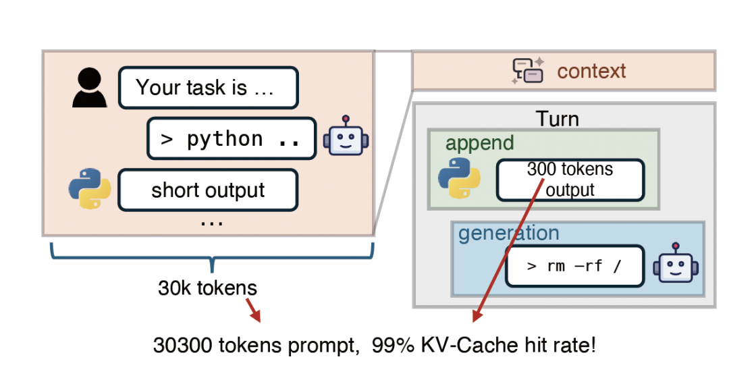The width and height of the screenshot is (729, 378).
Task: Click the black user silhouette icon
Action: click(90, 88)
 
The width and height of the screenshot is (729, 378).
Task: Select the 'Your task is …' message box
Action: click(208, 88)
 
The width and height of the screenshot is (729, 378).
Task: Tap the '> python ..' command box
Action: click(232, 139)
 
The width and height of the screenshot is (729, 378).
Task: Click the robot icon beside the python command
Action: click(346, 138)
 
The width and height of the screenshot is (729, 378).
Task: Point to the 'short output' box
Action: click(208, 190)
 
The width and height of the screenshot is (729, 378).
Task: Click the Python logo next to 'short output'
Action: click(90, 189)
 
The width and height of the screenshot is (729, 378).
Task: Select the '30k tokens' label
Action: click(207, 288)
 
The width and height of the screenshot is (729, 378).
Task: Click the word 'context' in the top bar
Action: click(591, 71)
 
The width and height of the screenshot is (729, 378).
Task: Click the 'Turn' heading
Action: click(558, 119)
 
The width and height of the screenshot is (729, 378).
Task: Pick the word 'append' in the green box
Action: click(479, 143)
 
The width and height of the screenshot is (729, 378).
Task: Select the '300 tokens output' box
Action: click(570, 180)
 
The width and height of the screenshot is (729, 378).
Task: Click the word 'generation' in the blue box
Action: click(508, 234)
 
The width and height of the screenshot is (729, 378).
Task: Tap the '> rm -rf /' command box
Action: click(574, 266)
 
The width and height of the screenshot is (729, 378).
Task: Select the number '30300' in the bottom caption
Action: click(184, 346)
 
